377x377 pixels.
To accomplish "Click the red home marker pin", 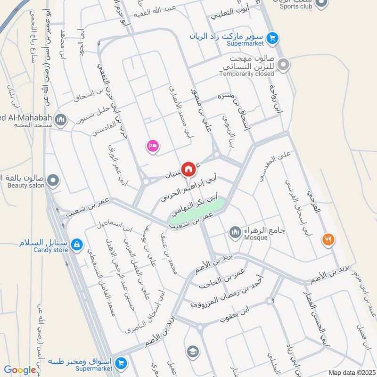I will [188, 169].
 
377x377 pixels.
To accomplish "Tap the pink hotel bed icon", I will [152, 146].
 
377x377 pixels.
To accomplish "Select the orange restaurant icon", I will [328, 239].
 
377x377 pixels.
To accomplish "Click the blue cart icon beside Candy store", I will [78, 245].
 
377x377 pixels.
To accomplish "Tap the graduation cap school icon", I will [192, 351].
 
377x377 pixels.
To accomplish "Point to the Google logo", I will [20, 370].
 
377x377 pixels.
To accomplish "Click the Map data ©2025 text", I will [351, 373].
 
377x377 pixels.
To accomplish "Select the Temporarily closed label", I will [246, 74].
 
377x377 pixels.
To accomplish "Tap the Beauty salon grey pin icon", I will [53, 180].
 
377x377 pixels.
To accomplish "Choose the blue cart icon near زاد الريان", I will [271, 38].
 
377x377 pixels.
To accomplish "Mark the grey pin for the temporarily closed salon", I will [283, 65].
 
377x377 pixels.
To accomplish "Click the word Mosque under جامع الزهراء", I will [256, 238].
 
